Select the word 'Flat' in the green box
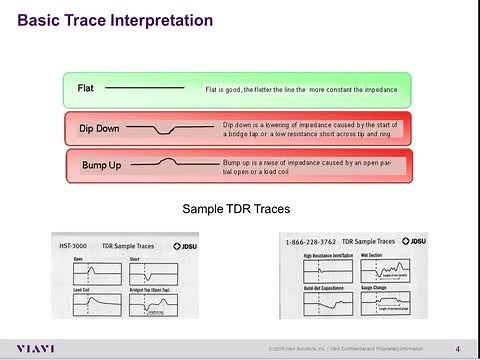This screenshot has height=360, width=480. tap(86, 89)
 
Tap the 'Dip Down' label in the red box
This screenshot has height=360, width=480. tap(100, 129)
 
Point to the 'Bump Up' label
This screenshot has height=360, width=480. tap(100, 164)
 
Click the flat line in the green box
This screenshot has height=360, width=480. tap(144, 89)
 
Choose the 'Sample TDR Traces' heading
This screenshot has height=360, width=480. tap(238, 209)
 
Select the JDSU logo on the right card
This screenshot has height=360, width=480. tap(417, 242)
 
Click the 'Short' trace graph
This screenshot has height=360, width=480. tap(152, 273)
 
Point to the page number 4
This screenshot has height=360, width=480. tap(457, 348)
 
